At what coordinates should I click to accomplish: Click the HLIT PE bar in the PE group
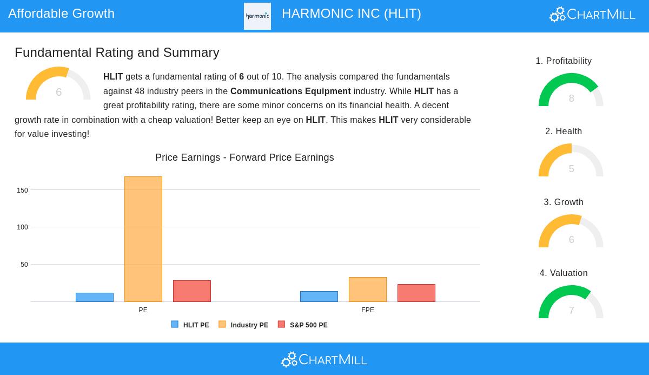95,297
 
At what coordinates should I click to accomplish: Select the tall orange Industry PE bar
143,239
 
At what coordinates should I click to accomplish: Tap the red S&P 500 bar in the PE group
192,291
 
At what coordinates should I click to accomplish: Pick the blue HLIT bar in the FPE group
319,297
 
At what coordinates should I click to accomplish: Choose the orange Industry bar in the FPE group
368,290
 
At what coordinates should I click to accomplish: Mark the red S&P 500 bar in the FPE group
416,293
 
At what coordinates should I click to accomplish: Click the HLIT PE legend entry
190,325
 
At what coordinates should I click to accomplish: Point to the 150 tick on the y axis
22,190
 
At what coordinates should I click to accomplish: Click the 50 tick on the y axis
24,265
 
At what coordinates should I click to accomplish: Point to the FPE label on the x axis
368,310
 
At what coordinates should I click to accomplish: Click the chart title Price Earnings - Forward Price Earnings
244,157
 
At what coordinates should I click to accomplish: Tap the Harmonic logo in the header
257,16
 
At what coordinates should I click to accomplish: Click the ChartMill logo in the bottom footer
324,359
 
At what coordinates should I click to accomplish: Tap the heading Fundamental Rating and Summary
117,52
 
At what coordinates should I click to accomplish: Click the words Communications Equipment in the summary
290,91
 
